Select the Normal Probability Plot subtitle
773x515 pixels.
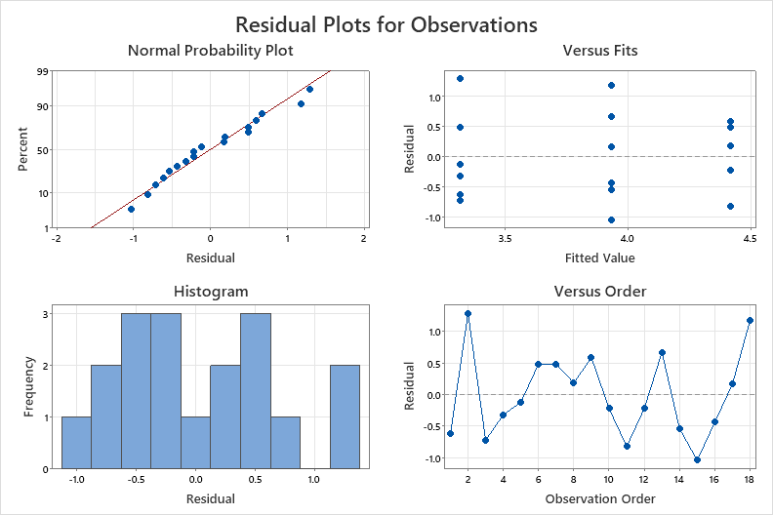[x=210, y=50]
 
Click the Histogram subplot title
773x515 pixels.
[x=210, y=291]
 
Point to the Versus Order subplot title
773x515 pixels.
[x=599, y=291]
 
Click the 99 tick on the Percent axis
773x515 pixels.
[x=44, y=71]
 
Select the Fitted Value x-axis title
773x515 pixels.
[x=599, y=257]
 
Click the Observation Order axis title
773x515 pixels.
[x=599, y=498]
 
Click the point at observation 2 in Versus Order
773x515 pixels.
[x=468, y=314]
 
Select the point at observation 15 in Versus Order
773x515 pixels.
[x=697, y=459]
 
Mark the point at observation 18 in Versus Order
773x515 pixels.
[x=750, y=320]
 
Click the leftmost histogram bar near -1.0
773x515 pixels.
[x=76, y=443]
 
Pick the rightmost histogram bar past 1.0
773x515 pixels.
[x=346, y=416]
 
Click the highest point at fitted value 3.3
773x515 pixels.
[x=460, y=79]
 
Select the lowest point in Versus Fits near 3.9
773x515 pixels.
[x=611, y=219]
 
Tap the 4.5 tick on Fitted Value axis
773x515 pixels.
[x=749, y=237]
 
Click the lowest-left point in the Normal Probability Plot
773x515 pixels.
[x=131, y=209]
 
